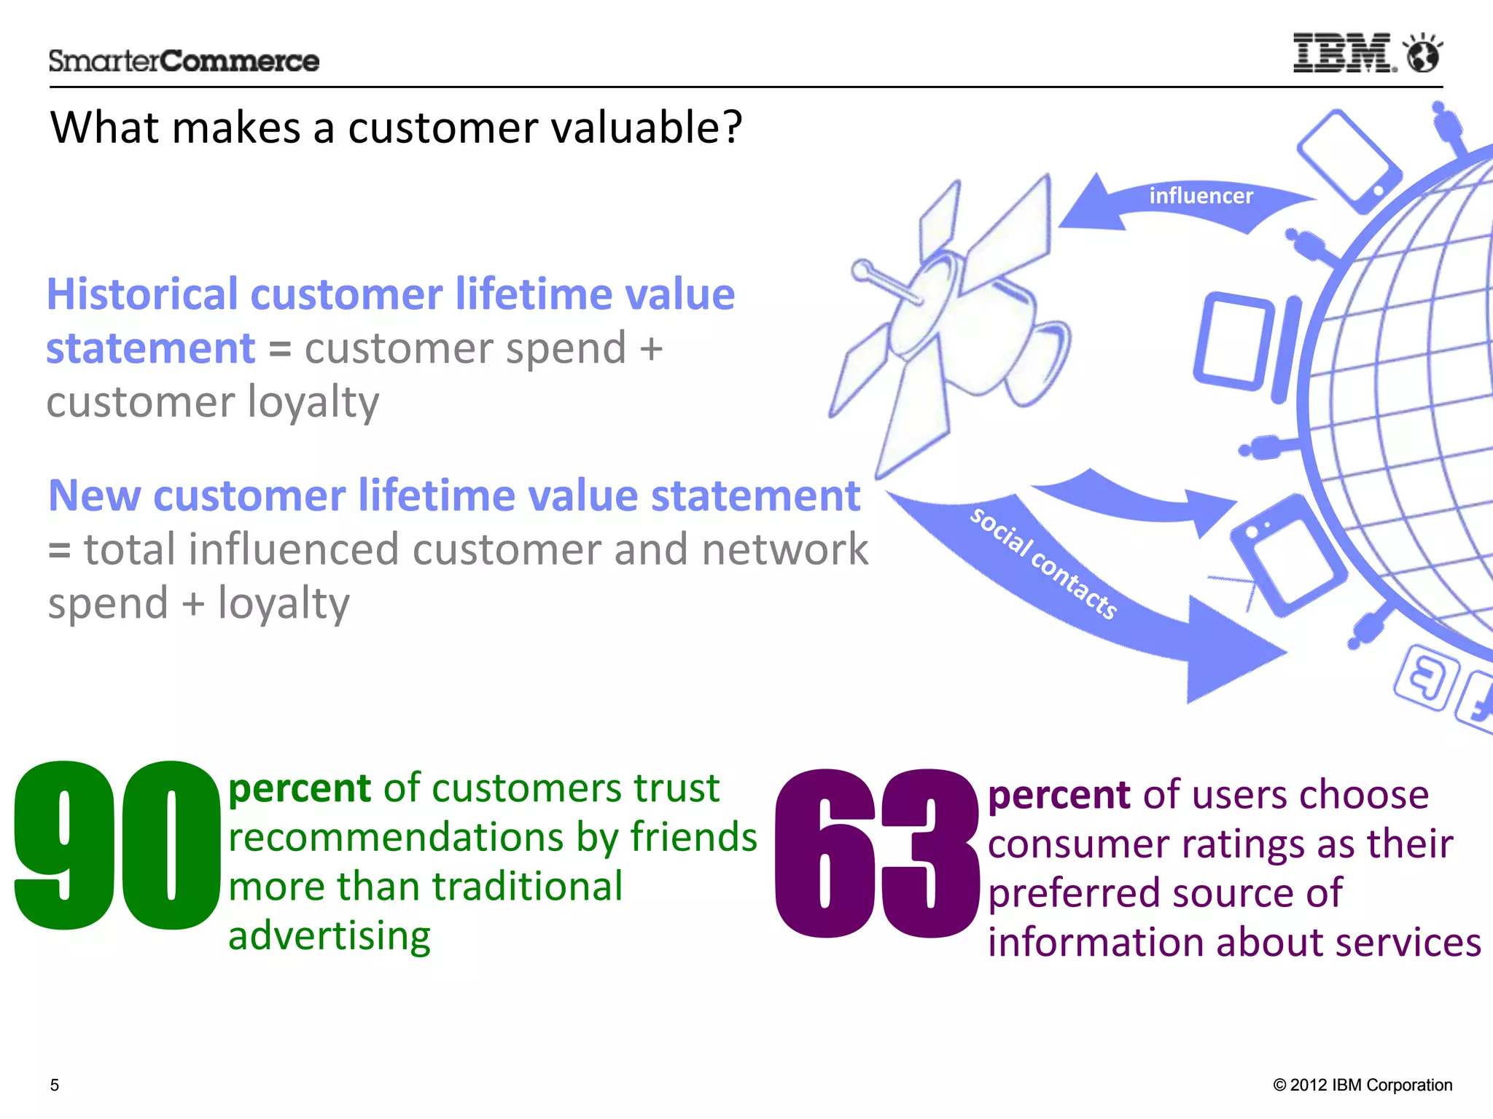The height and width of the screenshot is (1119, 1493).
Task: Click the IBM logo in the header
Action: pyautogui.click(x=1344, y=53)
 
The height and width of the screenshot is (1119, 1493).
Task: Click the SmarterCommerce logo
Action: pyautogui.click(x=184, y=61)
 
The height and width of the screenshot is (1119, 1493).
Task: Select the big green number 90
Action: pyautogui.click(x=117, y=845)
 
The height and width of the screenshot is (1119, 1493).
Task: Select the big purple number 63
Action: pyautogui.click(x=877, y=852)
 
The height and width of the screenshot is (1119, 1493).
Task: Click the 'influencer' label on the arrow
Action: pyautogui.click(x=1201, y=196)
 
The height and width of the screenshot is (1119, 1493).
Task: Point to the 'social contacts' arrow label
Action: pyautogui.click(x=1042, y=562)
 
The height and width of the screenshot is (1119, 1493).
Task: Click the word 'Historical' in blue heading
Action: pyautogui.click(x=142, y=295)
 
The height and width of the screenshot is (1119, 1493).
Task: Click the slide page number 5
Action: pyautogui.click(x=55, y=1085)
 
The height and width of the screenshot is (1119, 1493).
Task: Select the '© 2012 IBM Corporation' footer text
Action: pyautogui.click(x=1362, y=1085)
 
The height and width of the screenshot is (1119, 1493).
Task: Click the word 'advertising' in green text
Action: pyautogui.click(x=330, y=935)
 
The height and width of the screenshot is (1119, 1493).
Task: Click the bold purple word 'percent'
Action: pyautogui.click(x=1059, y=795)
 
